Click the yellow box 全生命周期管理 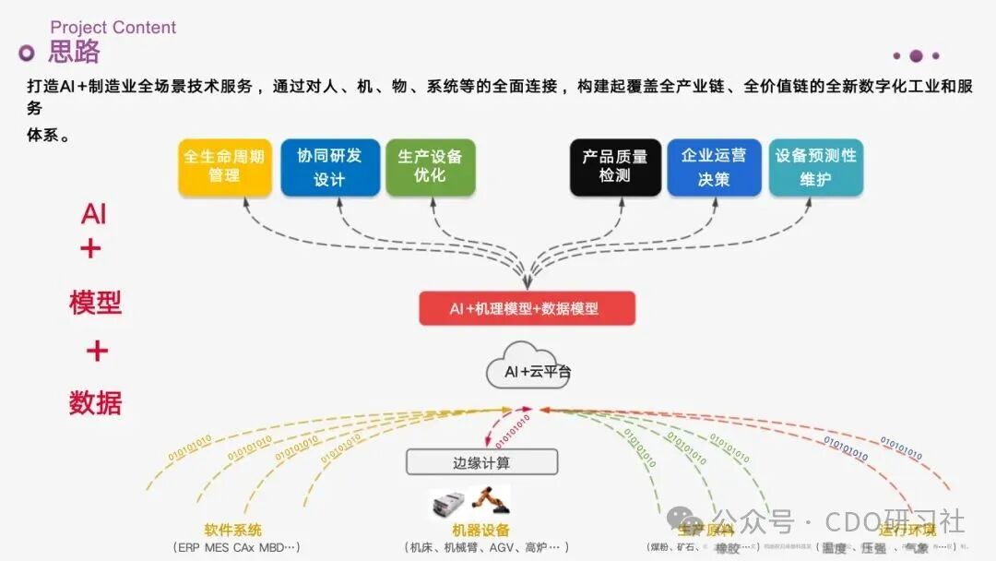[x=225, y=166]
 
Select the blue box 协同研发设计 [x=329, y=166]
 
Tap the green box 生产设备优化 [x=430, y=166]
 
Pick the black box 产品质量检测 [x=615, y=166]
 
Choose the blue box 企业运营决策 [x=714, y=166]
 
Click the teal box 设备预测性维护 [x=815, y=166]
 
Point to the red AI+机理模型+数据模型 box [x=527, y=308]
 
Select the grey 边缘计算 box [x=481, y=461]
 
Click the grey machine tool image [x=449, y=504]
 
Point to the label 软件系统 [x=232, y=531]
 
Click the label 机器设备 [x=480, y=531]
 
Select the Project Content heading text [x=113, y=27]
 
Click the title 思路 [x=74, y=53]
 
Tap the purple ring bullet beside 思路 [x=27, y=53]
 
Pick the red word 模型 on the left [x=95, y=302]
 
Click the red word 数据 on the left [x=95, y=402]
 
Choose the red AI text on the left [x=94, y=214]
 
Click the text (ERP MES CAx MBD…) [x=236, y=547]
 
